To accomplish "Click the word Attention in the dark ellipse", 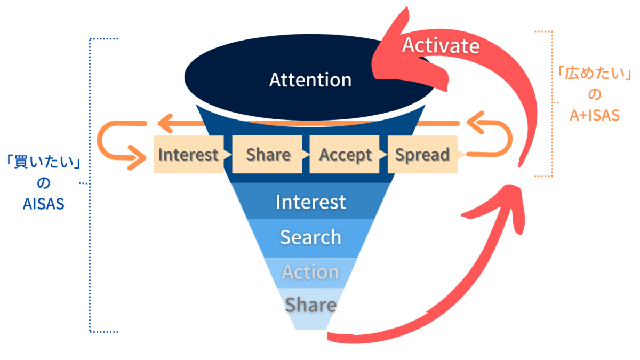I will click(x=310, y=80).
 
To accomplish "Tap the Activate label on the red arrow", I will click(x=441, y=46).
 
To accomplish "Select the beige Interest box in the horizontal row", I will click(x=188, y=155).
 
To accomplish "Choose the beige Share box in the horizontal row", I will click(x=268, y=155).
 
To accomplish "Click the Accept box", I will click(x=345, y=155).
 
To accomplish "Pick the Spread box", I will click(x=422, y=155).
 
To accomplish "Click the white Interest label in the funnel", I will click(x=310, y=202).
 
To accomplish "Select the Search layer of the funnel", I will click(x=310, y=237).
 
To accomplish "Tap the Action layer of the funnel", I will click(x=310, y=272).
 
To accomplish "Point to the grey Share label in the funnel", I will click(x=310, y=305).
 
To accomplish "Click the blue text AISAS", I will click(x=43, y=204).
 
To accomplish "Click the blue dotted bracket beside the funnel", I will click(x=89, y=181).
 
